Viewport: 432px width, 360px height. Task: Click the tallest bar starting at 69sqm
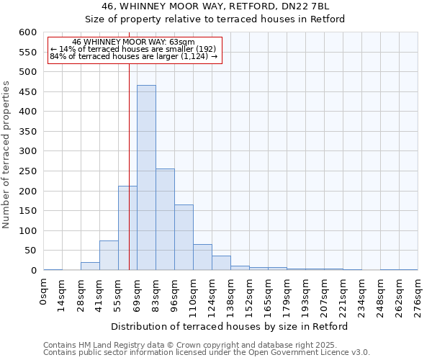click(146, 178)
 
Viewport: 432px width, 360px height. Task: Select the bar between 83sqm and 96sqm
click(165, 220)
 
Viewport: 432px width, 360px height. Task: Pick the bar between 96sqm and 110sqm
click(184, 238)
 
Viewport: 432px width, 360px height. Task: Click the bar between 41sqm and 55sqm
click(109, 256)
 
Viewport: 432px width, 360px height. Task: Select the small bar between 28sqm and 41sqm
click(90, 266)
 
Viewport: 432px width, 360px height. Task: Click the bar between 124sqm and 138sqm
click(221, 263)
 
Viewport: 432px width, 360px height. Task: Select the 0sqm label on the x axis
click(44, 291)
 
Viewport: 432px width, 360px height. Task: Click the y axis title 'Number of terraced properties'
click(7, 155)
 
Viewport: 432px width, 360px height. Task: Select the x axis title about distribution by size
click(230, 326)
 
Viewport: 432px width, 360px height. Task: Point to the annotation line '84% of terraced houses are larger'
click(133, 55)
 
